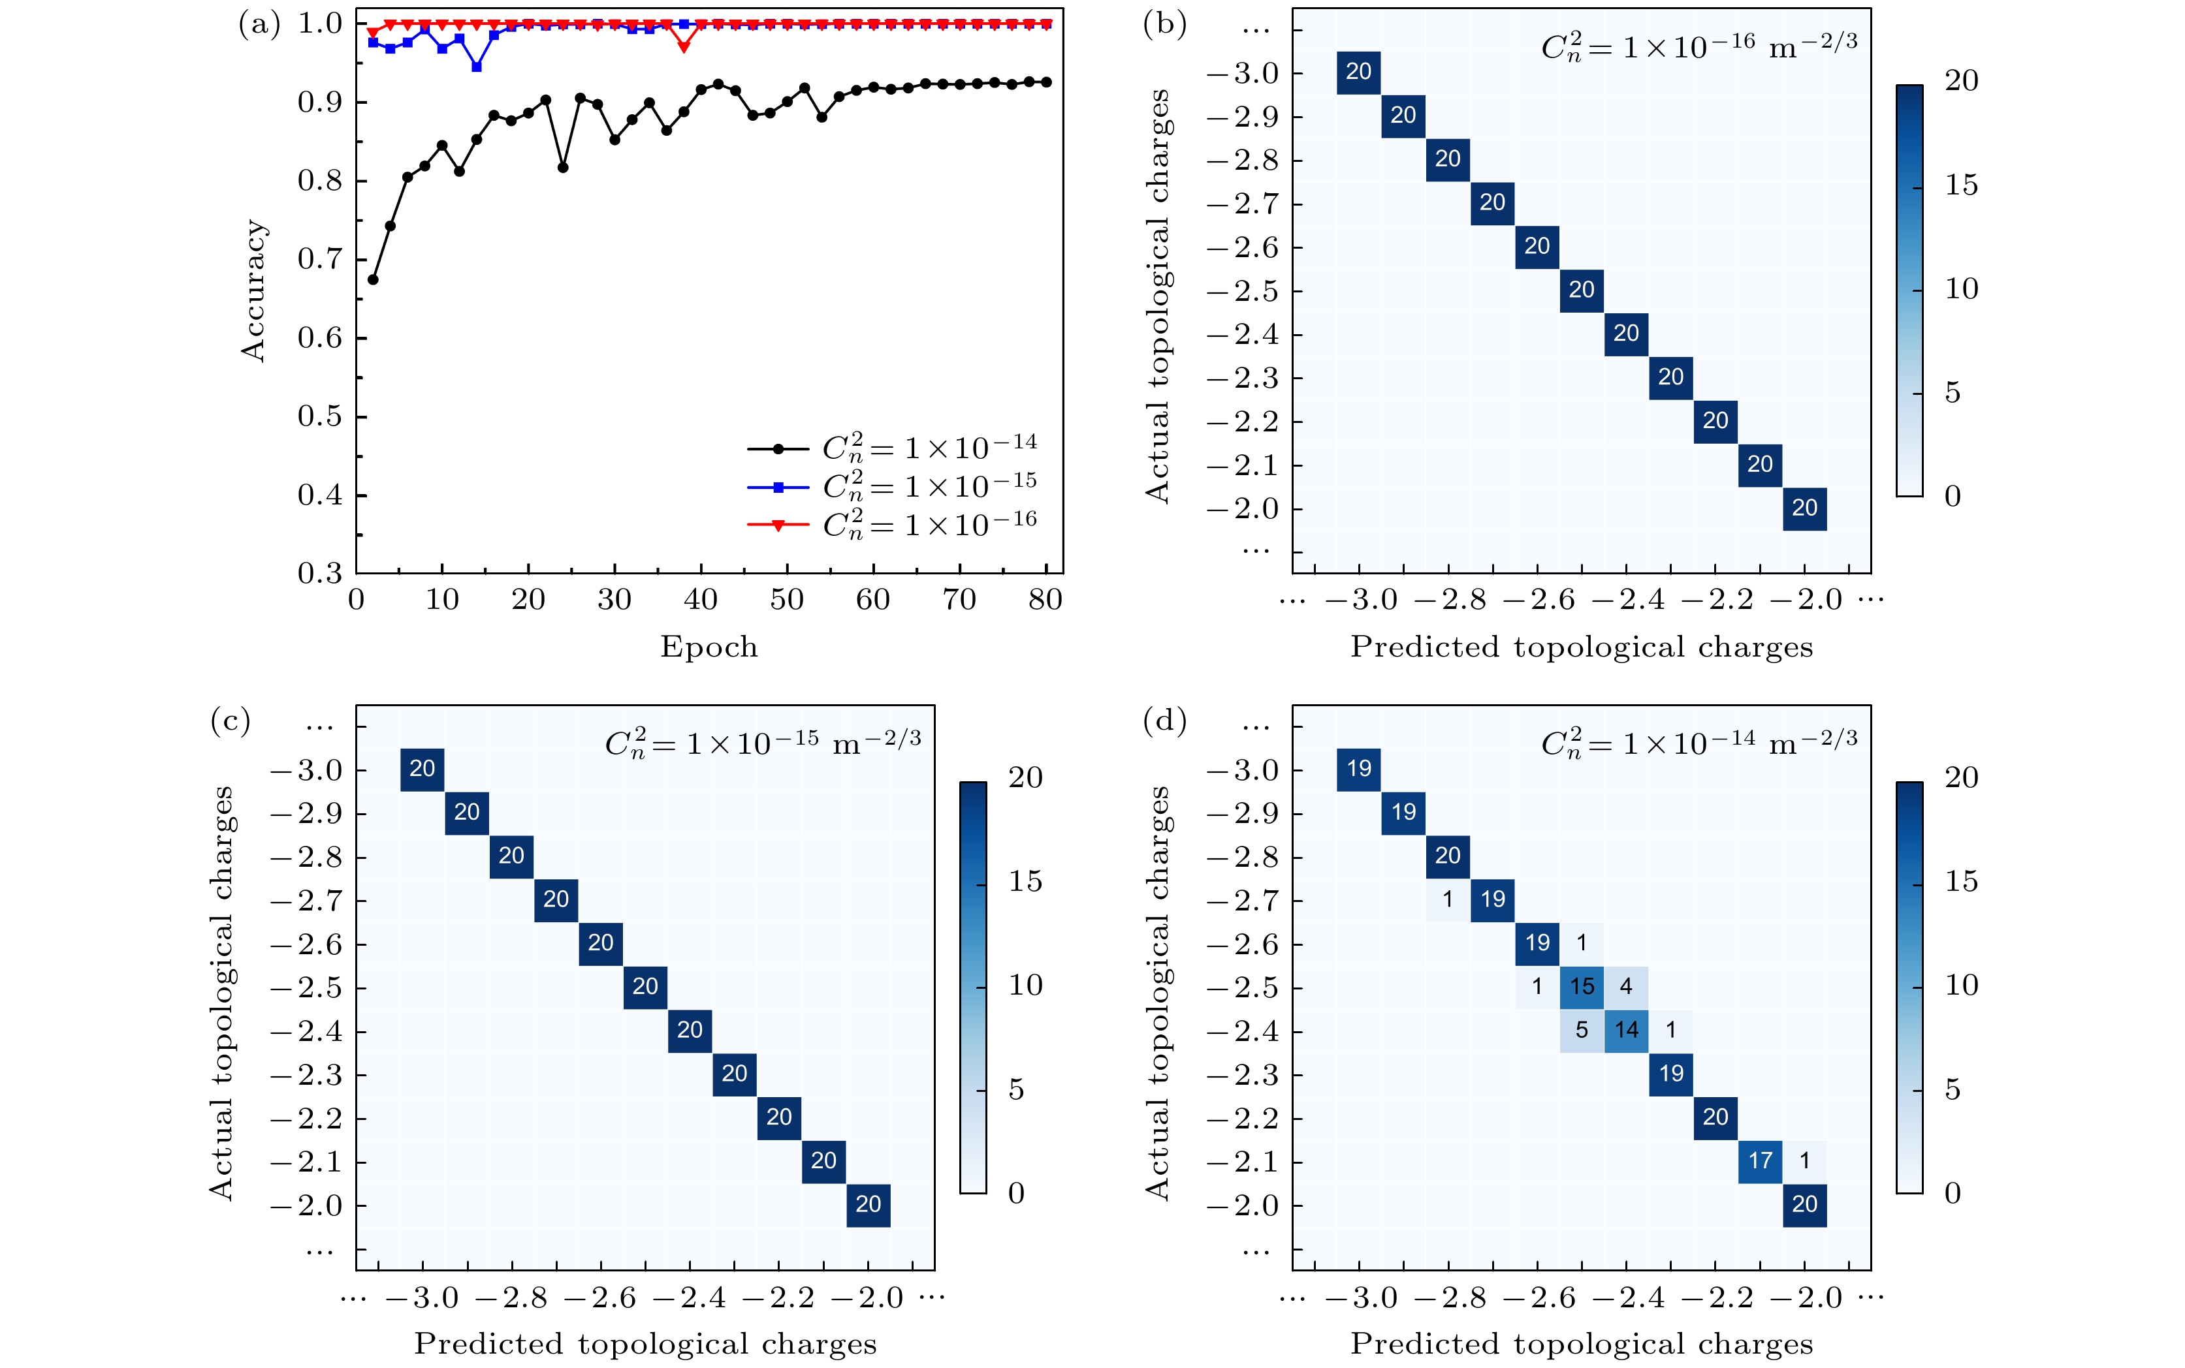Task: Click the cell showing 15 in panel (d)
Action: pyautogui.click(x=1581, y=986)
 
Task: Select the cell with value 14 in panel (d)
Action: pyautogui.click(x=1625, y=1030)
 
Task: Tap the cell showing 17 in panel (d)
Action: pyautogui.click(x=1760, y=1161)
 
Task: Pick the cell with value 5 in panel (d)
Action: pyautogui.click(x=1581, y=1030)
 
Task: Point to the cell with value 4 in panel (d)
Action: pyautogui.click(x=1625, y=986)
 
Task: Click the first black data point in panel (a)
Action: pyautogui.click(x=373, y=279)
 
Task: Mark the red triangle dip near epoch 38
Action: pyautogui.click(x=683, y=46)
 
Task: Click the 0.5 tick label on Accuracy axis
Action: pyautogui.click(x=321, y=416)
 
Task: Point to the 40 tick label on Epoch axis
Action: pyautogui.click(x=701, y=600)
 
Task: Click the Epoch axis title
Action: pyautogui.click(x=709, y=647)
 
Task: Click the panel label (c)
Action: pyautogui.click(x=230, y=721)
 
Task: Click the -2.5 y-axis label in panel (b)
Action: pyautogui.click(x=1243, y=291)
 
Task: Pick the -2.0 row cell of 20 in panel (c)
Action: pyautogui.click(x=868, y=1205)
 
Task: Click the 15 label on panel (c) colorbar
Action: pyautogui.click(x=1025, y=881)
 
